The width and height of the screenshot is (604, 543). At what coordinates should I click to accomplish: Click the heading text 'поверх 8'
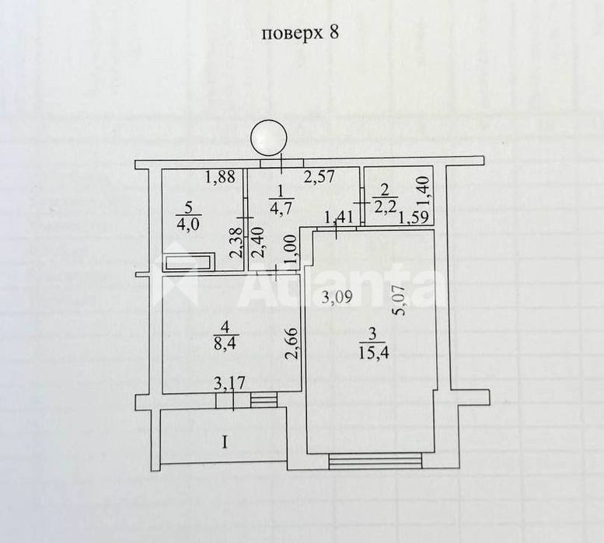[x=300, y=33]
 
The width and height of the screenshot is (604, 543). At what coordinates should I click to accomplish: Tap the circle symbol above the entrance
[x=269, y=137]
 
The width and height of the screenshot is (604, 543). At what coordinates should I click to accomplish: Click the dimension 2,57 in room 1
[x=319, y=176]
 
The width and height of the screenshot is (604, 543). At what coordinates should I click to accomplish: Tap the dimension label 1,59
[x=414, y=218]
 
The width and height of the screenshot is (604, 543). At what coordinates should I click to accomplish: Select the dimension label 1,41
[x=339, y=218]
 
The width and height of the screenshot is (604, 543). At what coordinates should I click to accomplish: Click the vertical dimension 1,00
[x=292, y=249]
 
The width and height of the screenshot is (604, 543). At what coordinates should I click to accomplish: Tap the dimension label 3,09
[x=337, y=297]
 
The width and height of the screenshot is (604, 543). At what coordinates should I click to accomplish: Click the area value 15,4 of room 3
[x=372, y=352]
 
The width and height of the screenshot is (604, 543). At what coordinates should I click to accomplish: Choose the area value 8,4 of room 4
[x=225, y=342]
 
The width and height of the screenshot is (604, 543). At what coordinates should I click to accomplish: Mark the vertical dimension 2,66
[x=293, y=343]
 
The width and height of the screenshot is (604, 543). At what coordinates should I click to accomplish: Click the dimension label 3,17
[x=230, y=384]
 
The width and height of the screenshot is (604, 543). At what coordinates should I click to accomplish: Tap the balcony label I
[x=225, y=443]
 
